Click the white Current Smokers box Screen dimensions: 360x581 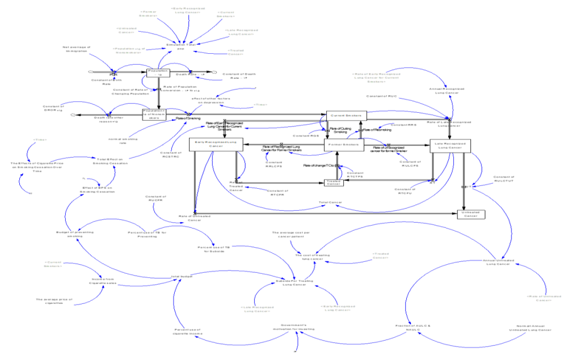346,116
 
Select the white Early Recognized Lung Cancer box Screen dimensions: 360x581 216,145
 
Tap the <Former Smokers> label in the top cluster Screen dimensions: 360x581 148,13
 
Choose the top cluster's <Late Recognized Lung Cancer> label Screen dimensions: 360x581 241,32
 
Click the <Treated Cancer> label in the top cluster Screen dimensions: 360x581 235,52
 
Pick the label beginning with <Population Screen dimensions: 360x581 129,50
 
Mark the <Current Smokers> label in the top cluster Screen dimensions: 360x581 225,14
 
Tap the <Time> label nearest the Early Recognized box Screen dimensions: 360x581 260,104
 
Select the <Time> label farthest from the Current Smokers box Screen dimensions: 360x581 40,139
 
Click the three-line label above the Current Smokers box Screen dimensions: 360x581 376,77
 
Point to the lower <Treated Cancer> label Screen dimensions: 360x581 380,256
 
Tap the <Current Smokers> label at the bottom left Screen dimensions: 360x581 53,264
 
